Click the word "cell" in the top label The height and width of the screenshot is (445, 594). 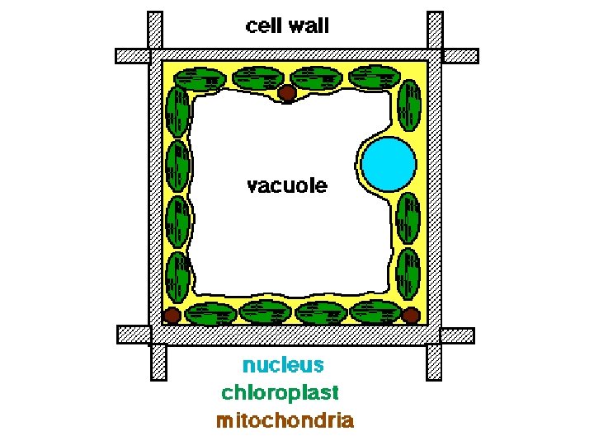[x=266, y=26]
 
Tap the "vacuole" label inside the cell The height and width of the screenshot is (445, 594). [x=287, y=185]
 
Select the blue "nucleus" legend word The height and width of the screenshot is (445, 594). [x=283, y=364]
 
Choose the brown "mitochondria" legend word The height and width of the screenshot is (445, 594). [x=285, y=420]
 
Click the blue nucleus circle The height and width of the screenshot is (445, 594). [x=389, y=162]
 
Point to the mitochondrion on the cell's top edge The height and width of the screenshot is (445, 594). [x=286, y=93]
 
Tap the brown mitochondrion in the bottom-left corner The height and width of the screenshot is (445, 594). [x=172, y=316]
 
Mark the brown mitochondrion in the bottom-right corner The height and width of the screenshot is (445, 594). [x=410, y=315]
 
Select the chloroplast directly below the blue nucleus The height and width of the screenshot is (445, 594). [x=408, y=217]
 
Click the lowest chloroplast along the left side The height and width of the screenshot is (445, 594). [x=177, y=275]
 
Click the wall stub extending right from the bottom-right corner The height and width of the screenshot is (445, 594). [x=457, y=335]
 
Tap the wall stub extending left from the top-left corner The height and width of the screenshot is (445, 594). [x=132, y=56]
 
